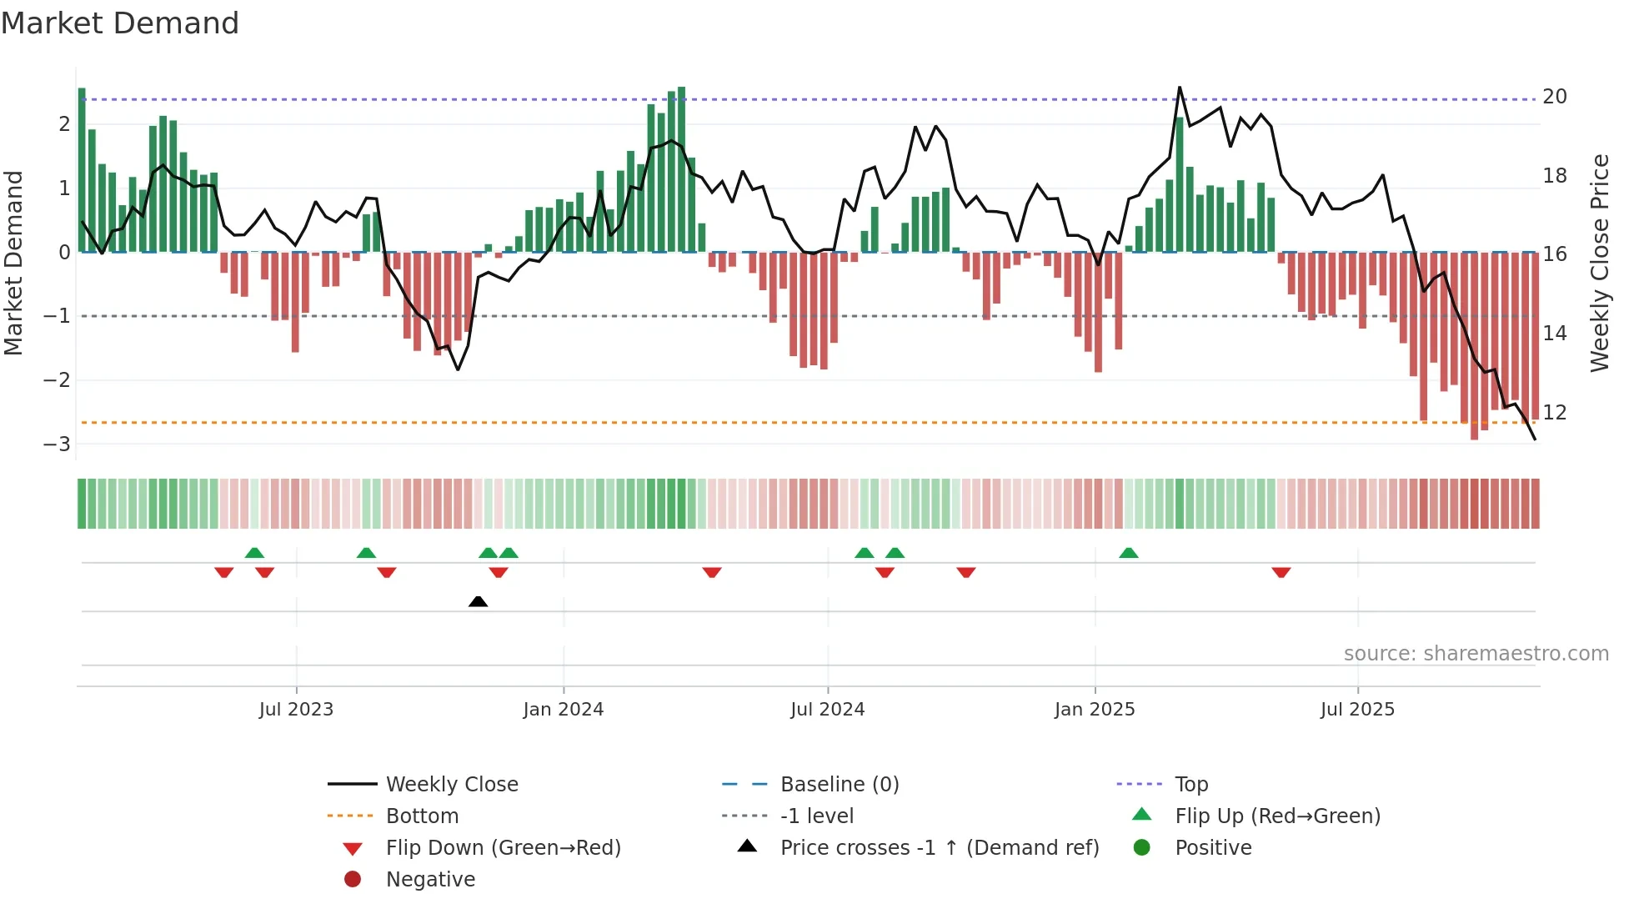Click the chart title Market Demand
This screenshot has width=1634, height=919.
click(x=120, y=23)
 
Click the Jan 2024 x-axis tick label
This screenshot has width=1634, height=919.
click(x=563, y=710)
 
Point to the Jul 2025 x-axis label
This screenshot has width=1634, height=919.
click(x=1356, y=710)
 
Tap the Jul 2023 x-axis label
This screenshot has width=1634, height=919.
click(x=296, y=710)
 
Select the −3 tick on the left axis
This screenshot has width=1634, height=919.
click(x=58, y=444)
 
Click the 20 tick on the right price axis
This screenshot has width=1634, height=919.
click(x=1554, y=97)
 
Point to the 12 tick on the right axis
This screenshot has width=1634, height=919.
click(x=1554, y=413)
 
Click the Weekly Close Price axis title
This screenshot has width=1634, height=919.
click(x=1599, y=263)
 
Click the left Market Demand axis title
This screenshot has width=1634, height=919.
click(x=14, y=263)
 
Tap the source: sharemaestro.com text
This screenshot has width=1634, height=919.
click(x=1476, y=654)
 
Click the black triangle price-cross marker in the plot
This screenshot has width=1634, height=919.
click(x=478, y=601)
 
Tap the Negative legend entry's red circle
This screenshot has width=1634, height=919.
click(x=353, y=880)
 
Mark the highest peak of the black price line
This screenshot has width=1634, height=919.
click(x=1179, y=88)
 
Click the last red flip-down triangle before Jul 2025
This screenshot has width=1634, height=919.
click(x=1281, y=572)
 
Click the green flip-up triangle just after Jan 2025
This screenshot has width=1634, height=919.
click(x=1128, y=553)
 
